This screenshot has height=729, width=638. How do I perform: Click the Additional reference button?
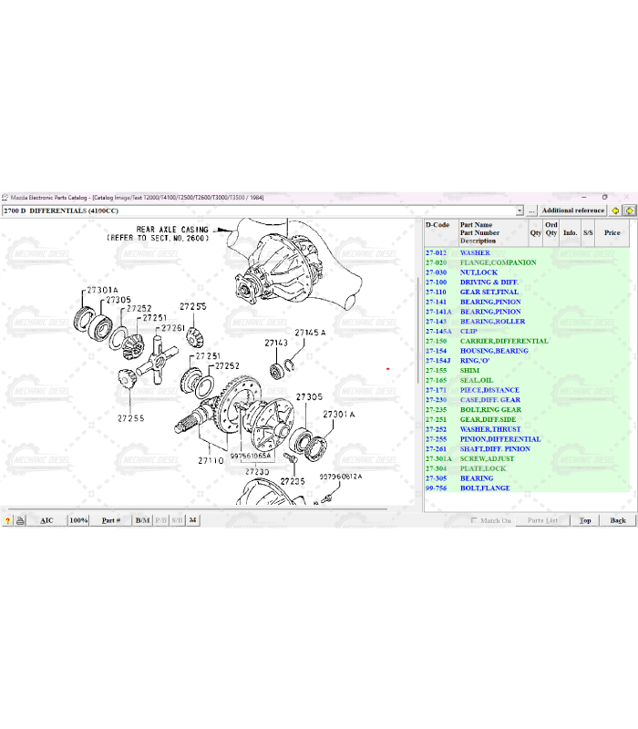[x=573, y=210]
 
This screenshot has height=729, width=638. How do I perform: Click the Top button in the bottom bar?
[x=585, y=520]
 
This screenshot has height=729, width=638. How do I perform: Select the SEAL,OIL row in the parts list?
[x=477, y=380]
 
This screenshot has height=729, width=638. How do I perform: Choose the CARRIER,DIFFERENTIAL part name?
[x=504, y=341]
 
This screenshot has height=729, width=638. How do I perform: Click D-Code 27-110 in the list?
[x=436, y=292]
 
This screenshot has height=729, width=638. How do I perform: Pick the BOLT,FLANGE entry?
[x=485, y=488]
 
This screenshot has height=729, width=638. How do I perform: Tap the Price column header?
[x=612, y=232]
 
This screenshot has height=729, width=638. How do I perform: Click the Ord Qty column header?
[x=551, y=229]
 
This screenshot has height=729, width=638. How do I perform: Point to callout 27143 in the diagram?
[x=276, y=343]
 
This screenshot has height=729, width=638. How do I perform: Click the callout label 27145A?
[x=310, y=333]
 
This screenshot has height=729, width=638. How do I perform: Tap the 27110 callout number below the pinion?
[x=211, y=461]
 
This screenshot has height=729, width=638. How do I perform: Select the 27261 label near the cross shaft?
[x=172, y=328]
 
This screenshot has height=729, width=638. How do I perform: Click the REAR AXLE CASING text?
[x=171, y=229]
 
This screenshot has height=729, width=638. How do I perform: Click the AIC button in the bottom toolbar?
[x=46, y=520]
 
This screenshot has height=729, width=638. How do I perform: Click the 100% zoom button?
[x=78, y=520]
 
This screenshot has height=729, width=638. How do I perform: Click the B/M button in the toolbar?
[x=142, y=520]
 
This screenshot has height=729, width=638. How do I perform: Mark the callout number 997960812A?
[x=340, y=476]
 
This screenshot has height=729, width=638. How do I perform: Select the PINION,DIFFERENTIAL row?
[x=500, y=439]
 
